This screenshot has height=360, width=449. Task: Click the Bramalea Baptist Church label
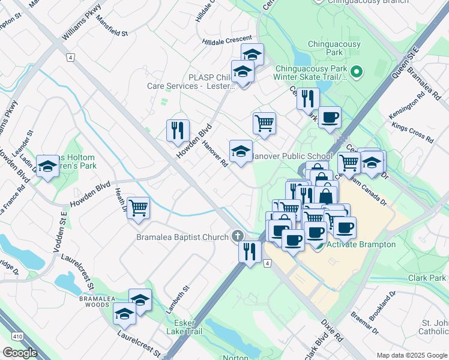(182, 237)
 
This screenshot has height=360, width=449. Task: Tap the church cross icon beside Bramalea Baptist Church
(238, 236)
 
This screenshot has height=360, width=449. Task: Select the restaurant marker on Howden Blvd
(178, 130)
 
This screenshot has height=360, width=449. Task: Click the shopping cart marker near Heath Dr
(139, 208)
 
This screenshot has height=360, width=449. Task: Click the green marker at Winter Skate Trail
(357, 73)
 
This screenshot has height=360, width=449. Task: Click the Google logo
(20, 353)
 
